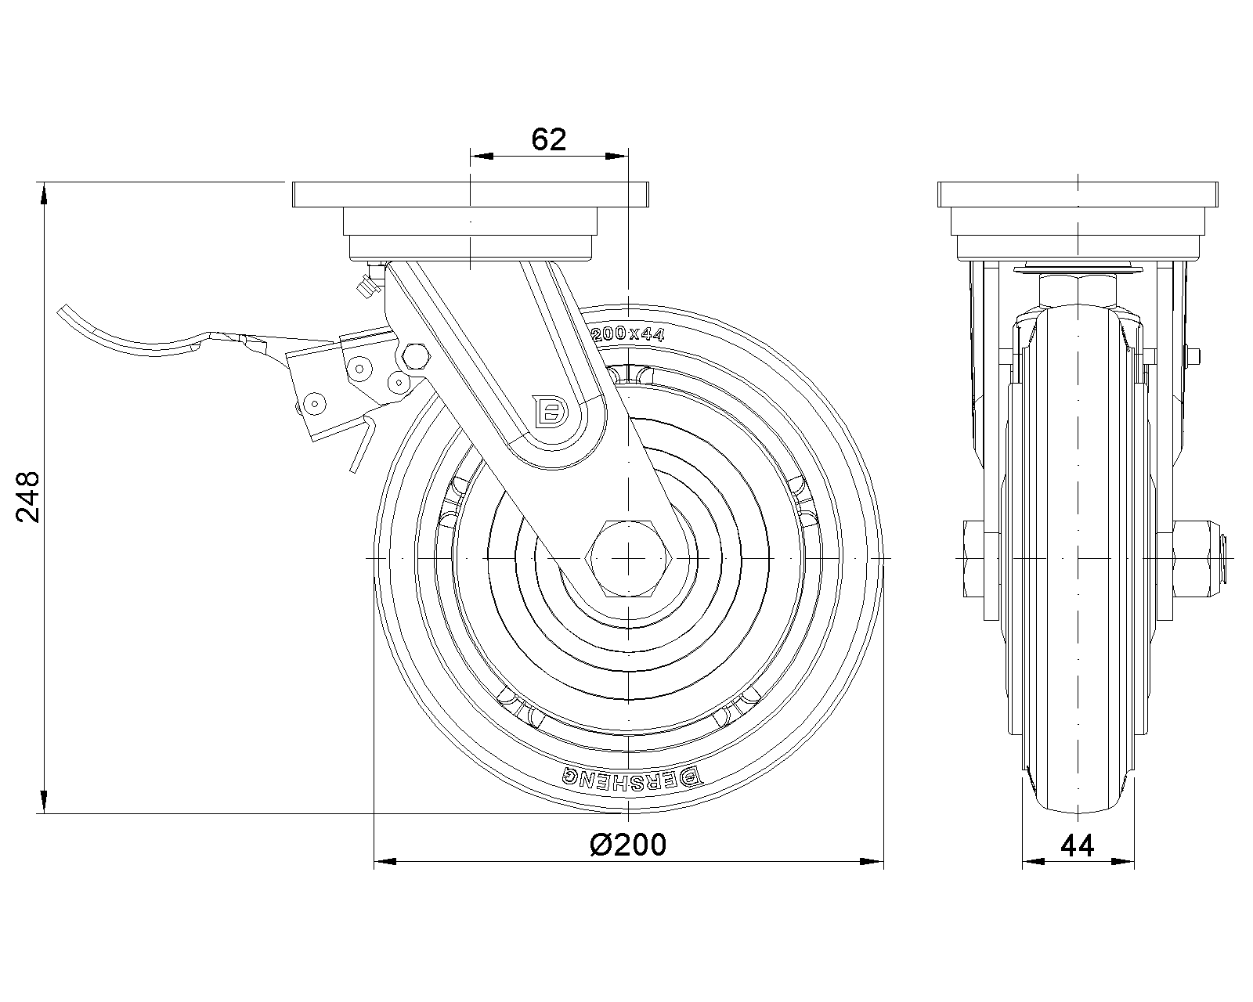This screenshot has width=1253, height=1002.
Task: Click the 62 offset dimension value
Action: (548, 139)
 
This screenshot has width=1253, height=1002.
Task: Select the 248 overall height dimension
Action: (27, 497)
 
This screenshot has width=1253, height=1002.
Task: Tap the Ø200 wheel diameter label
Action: (628, 845)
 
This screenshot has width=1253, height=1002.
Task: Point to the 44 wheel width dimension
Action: (1078, 846)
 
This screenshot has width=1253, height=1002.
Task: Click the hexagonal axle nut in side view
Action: (628, 558)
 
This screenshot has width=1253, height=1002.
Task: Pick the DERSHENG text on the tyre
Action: (631, 777)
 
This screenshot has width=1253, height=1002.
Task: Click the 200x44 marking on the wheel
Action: (627, 334)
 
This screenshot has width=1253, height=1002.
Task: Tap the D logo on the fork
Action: (550, 412)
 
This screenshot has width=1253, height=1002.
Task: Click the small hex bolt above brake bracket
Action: (416, 355)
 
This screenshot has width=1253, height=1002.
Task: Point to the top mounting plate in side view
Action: (1078, 194)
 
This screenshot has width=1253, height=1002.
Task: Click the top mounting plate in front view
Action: (471, 194)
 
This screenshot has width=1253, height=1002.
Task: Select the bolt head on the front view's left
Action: (973, 558)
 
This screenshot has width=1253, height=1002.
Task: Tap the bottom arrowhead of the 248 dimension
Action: (44, 802)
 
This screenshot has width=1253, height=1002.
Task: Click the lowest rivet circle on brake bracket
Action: (315, 403)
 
